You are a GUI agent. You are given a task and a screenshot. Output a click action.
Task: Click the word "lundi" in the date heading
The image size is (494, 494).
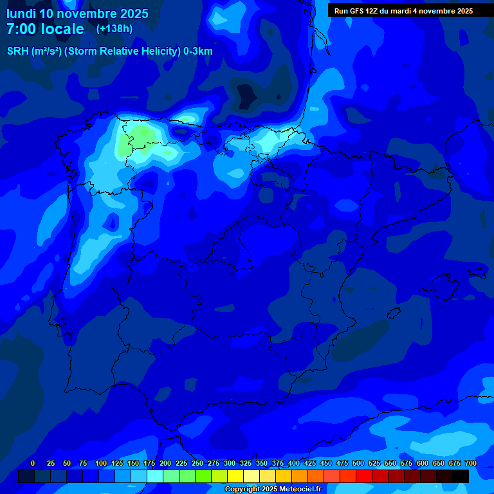coord(21,14)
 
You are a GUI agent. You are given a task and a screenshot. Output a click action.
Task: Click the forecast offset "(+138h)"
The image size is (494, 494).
coord(114,29)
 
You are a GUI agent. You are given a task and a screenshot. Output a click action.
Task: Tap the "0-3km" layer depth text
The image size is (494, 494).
coord(197,51)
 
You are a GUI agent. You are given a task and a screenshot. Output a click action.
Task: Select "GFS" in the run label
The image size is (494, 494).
coord(359,11)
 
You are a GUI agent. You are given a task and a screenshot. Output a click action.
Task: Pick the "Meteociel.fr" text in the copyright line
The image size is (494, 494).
coord(300,489)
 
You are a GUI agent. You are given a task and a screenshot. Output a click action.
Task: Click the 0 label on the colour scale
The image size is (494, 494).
coord(33,464)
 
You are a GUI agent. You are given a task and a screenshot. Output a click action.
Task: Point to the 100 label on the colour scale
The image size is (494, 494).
coord(101,464)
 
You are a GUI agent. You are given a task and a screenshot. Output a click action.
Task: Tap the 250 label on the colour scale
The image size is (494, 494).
coord(197,464)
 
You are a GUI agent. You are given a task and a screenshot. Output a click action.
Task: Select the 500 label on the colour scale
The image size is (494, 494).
coord(358,464)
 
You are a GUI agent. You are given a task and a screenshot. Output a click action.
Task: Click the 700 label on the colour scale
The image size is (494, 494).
coord(470,464)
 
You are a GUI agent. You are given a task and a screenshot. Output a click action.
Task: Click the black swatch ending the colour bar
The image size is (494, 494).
coord(461,476)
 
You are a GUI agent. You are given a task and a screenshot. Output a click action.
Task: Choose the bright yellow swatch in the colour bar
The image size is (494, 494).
coord(235,476)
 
